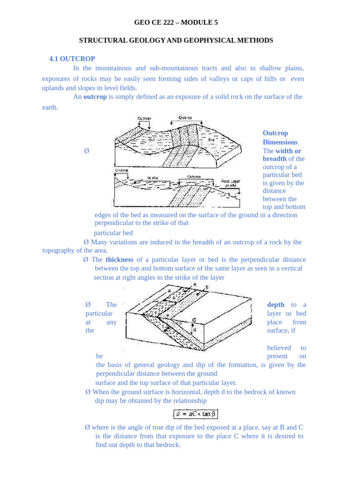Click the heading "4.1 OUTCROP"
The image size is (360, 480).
point(72,59)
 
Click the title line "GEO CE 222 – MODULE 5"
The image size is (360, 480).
point(176,22)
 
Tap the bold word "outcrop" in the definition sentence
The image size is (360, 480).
point(95,97)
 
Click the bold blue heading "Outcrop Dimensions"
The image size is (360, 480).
point(280,137)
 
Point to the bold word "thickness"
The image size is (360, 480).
point(120,259)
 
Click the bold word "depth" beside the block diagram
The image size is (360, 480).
point(276,305)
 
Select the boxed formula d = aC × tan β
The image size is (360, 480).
point(195,414)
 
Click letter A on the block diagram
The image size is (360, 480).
point(195,285)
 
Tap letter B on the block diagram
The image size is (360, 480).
point(207,287)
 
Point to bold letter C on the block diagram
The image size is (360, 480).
point(194,320)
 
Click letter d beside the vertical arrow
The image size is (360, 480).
point(195,330)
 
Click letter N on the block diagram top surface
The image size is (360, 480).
point(169,291)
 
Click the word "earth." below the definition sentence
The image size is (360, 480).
point(50,107)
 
